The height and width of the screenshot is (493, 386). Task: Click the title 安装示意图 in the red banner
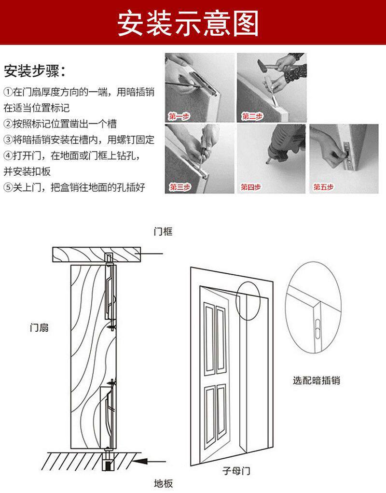click(x=189, y=22)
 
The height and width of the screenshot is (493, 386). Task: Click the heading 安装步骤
click(x=34, y=71)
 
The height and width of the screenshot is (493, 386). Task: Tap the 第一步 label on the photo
click(x=179, y=117)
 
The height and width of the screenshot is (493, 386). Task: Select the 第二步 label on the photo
click(x=252, y=117)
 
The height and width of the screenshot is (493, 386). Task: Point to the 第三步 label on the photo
click(x=179, y=187)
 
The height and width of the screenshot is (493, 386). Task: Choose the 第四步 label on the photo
click(x=251, y=187)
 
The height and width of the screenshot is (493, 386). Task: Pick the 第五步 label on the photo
click(x=323, y=187)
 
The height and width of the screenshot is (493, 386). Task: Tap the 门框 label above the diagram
click(x=163, y=232)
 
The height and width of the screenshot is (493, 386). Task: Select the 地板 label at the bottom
click(x=163, y=483)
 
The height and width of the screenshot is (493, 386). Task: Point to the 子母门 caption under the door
click(x=236, y=470)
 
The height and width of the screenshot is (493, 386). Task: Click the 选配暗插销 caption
click(x=317, y=380)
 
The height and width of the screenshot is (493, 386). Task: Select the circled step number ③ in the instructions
click(x=8, y=140)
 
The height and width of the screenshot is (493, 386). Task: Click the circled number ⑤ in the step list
click(x=8, y=187)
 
